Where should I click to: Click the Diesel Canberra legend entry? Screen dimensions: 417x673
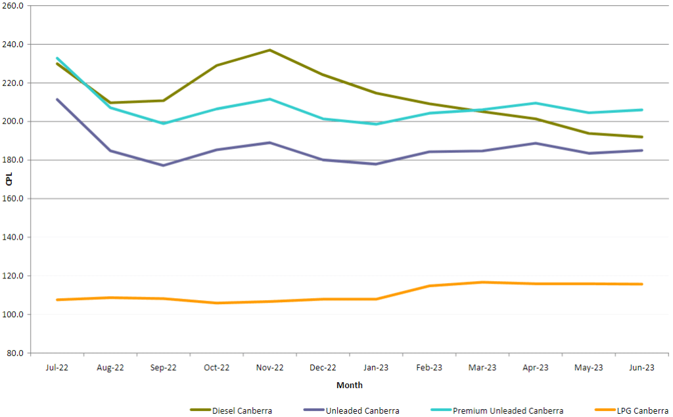[x=241, y=411]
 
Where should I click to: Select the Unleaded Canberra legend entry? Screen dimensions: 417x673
[x=362, y=411]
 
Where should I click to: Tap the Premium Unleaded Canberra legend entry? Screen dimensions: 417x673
[x=507, y=411]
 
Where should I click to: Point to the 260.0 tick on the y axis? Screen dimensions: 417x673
[x=13, y=6]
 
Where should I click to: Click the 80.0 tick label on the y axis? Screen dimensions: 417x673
[x=15, y=353]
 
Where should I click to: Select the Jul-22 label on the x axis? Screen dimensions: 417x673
[x=57, y=368]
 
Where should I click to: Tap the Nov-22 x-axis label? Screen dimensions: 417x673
[x=269, y=368]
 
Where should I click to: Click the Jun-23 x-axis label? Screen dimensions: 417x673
[x=641, y=368]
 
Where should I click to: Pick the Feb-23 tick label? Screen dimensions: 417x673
[x=429, y=368]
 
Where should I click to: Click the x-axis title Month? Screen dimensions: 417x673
[x=349, y=385]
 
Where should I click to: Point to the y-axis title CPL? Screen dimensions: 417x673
[x=9, y=179]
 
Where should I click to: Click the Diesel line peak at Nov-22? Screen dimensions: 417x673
[x=269, y=50]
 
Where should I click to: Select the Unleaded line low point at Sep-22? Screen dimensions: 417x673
[x=163, y=165]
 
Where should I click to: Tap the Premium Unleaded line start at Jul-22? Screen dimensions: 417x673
[x=57, y=58]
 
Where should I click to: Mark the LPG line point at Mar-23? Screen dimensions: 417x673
[x=482, y=282]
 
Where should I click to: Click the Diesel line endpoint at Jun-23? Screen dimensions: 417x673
[x=641, y=137]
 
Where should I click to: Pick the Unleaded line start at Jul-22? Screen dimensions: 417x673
[x=57, y=99]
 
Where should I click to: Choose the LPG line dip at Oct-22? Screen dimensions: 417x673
[x=216, y=303]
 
